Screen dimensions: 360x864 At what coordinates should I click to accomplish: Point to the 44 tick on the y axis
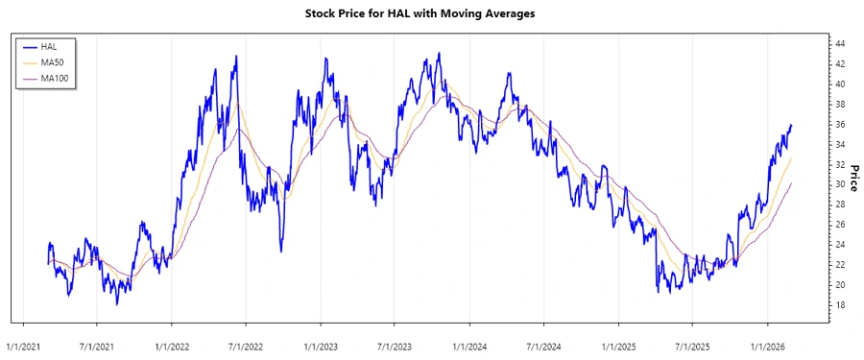coord(839,44)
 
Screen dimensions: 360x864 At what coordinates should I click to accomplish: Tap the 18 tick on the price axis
coord(839,305)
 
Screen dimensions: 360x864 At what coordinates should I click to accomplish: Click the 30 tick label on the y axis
coord(839,184)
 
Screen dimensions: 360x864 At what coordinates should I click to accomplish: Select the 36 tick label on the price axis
coord(839,125)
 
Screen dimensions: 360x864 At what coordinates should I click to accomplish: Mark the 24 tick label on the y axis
coord(839,245)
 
